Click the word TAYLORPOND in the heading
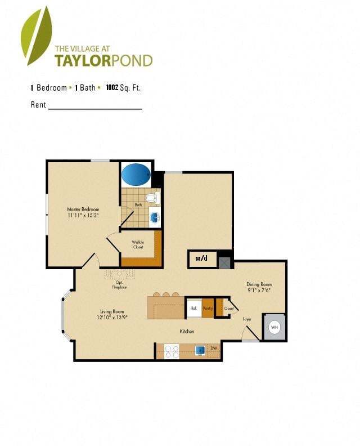point(103,60)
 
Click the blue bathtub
point(136,175)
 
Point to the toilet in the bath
point(153,198)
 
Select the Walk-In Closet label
point(138,245)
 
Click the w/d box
point(201,259)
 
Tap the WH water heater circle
point(274,327)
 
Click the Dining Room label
point(259,284)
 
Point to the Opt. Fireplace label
point(119,285)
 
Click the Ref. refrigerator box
point(194,308)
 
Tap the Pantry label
point(208,308)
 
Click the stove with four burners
point(171,351)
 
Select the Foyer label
point(247,319)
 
